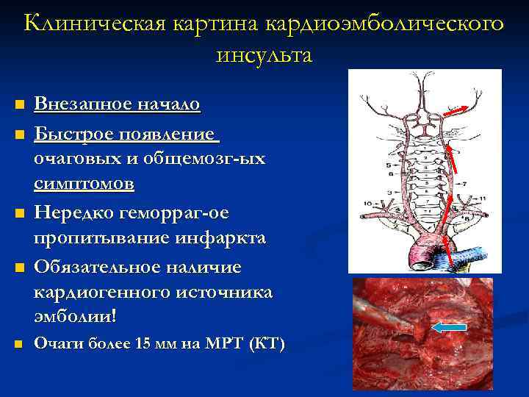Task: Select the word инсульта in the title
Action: point(264,55)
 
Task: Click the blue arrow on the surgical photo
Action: point(448,328)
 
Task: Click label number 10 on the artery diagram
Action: point(365,201)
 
